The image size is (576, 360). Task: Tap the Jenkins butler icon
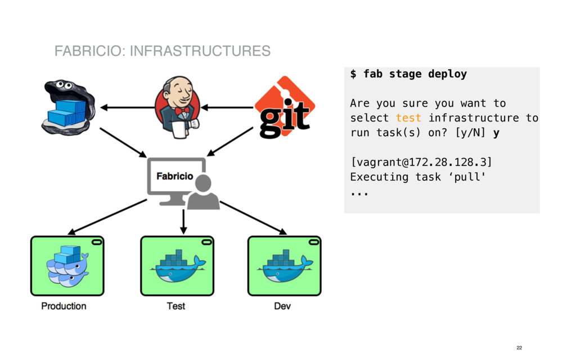[178, 107]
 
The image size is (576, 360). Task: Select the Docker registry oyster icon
[66, 107]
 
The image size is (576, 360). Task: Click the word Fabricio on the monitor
[174, 176]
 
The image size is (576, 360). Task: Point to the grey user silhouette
[202, 193]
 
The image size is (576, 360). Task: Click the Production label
[64, 306]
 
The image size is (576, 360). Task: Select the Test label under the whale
[175, 306]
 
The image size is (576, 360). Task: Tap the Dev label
[282, 306]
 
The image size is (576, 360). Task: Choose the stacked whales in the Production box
[67, 267]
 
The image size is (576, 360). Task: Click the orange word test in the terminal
[408, 118]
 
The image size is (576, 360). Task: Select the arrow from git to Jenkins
[228, 107]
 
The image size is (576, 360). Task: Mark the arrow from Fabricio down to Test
[183, 222]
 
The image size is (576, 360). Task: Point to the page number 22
[519, 348]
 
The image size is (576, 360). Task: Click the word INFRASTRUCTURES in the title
[200, 51]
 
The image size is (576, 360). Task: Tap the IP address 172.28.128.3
[444, 162]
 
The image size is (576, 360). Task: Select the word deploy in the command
[447, 74]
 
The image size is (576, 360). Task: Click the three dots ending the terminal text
[359, 193]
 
